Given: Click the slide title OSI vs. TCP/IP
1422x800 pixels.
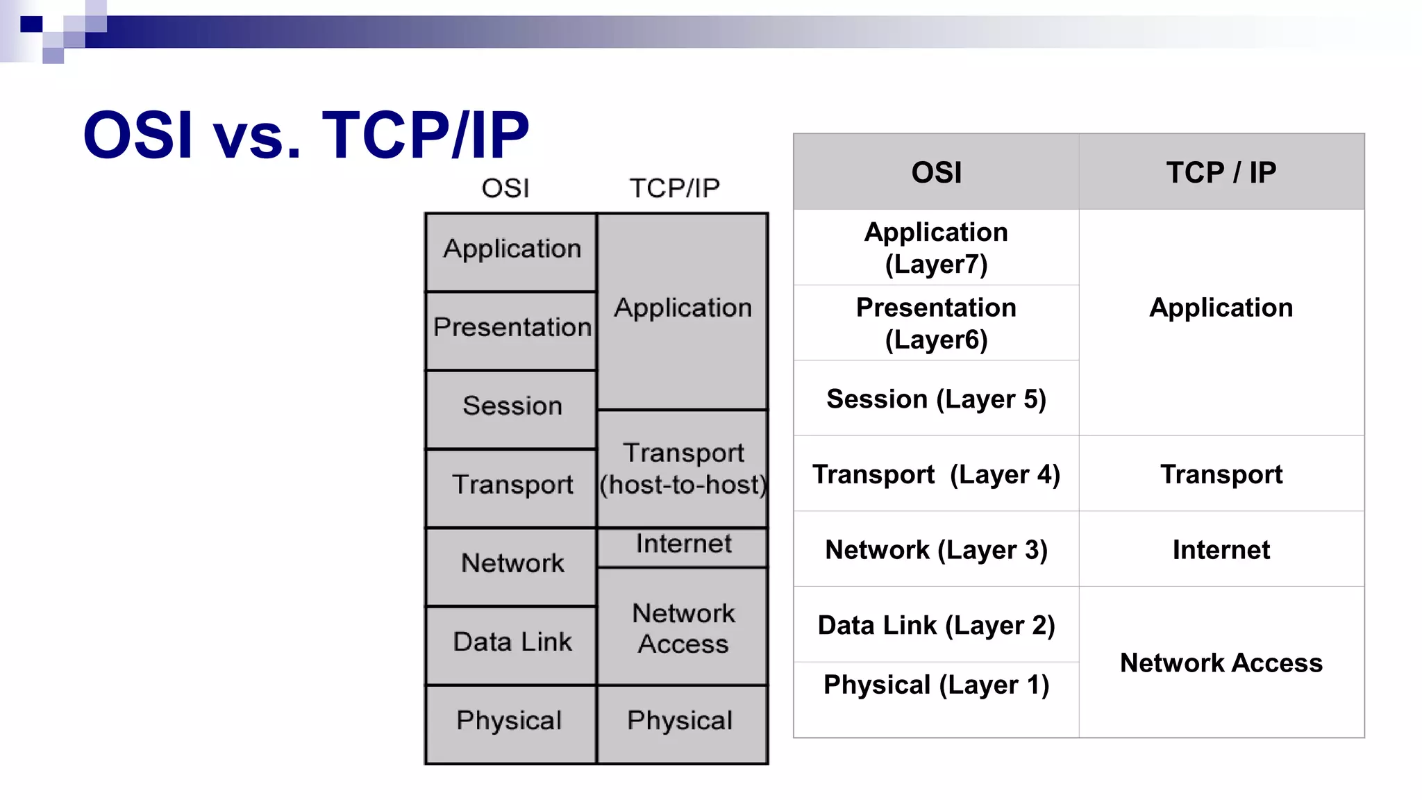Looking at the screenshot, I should tap(306, 135).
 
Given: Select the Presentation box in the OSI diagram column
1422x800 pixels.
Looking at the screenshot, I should tap(511, 329).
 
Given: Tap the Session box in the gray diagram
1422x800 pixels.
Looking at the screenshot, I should tap(511, 408).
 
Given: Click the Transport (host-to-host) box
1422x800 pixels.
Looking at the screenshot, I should tap(683, 469).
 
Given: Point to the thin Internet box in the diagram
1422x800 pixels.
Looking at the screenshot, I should tap(683, 545).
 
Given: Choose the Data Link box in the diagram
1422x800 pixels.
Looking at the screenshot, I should tap(511, 644).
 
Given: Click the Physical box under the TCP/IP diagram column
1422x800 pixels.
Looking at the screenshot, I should tap(683, 722).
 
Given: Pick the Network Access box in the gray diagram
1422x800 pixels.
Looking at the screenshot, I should tap(683, 628).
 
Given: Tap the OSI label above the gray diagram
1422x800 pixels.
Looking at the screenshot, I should tap(505, 188).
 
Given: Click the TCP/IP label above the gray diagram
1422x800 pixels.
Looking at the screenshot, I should tap(674, 188).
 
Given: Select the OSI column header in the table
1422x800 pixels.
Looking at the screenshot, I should tap(936, 172).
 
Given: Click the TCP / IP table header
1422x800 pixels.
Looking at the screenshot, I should tap(1221, 172).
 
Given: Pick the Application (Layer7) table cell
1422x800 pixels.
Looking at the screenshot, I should tap(936, 248).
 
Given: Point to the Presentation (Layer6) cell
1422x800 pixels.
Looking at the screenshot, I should tap(936, 324).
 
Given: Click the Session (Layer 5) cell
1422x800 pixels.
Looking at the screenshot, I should tap(936, 399).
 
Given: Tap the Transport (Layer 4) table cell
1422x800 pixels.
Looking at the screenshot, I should tap(936, 474).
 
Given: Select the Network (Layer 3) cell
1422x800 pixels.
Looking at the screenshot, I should tap(936, 550).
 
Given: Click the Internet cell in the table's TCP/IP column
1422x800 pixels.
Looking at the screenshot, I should tap(1221, 550).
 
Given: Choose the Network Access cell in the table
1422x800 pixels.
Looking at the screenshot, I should tap(1221, 663).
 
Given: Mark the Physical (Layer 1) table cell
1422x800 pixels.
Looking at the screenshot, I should tap(936, 685).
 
